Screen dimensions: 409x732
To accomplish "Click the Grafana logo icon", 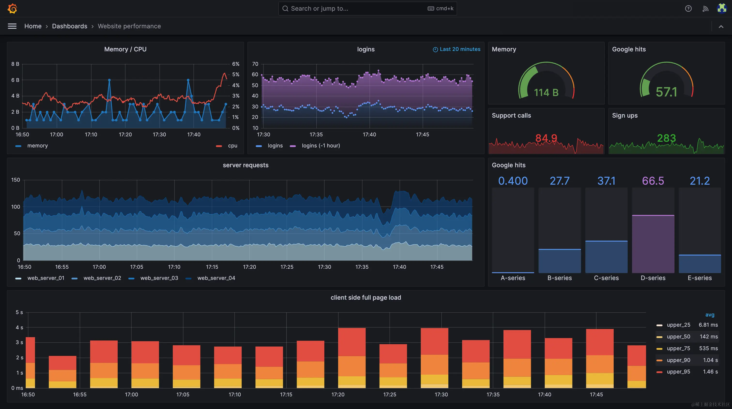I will (x=12, y=8).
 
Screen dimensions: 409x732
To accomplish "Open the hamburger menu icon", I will (x=12, y=26).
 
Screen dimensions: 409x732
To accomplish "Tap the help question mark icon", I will (x=688, y=8).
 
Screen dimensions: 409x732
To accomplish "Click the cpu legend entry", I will (x=232, y=146).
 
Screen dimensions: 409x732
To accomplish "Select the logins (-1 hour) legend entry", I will (x=320, y=146).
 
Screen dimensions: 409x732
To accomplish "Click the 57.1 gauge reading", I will (x=666, y=92).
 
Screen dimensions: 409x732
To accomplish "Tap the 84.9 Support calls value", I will (x=546, y=138).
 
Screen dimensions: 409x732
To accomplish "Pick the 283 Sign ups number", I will (x=666, y=138).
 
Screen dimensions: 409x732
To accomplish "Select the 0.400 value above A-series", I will (x=513, y=181).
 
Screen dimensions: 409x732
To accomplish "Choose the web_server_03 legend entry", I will (x=159, y=278).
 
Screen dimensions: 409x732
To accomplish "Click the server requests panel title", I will (x=245, y=165).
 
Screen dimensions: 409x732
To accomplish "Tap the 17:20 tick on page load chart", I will (x=338, y=394).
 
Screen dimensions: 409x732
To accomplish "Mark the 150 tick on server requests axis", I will (x=16, y=180).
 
